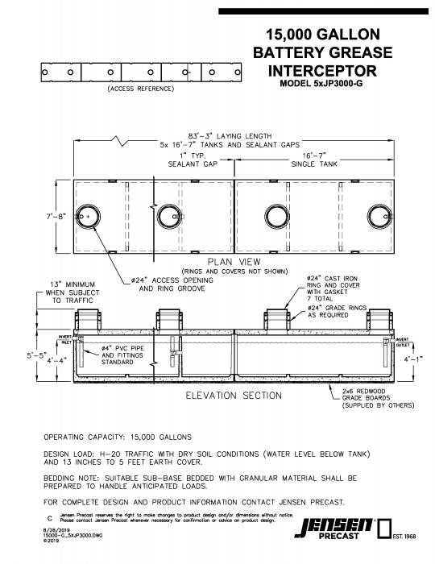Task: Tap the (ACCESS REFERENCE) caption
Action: (140, 89)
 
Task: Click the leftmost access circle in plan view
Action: (87, 216)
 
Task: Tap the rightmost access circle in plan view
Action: (377, 216)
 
